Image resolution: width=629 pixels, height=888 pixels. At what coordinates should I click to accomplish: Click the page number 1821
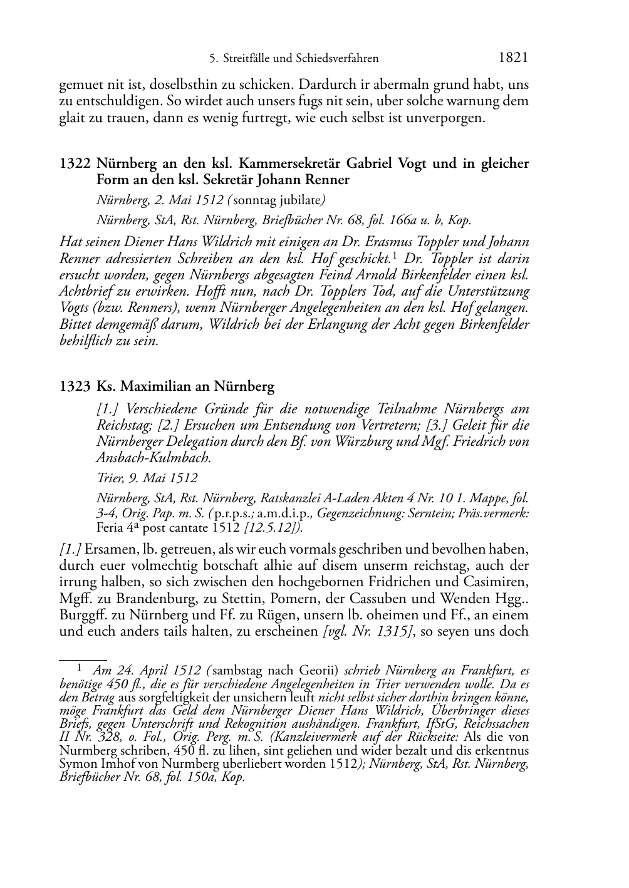(513, 58)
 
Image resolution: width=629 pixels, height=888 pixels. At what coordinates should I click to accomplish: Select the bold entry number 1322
(75, 164)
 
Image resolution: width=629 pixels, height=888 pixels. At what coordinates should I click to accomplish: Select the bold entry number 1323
(75, 386)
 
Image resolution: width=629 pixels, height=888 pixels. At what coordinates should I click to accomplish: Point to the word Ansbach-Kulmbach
(153, 458)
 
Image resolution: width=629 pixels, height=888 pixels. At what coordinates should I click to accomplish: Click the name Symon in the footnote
(75, 764)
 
